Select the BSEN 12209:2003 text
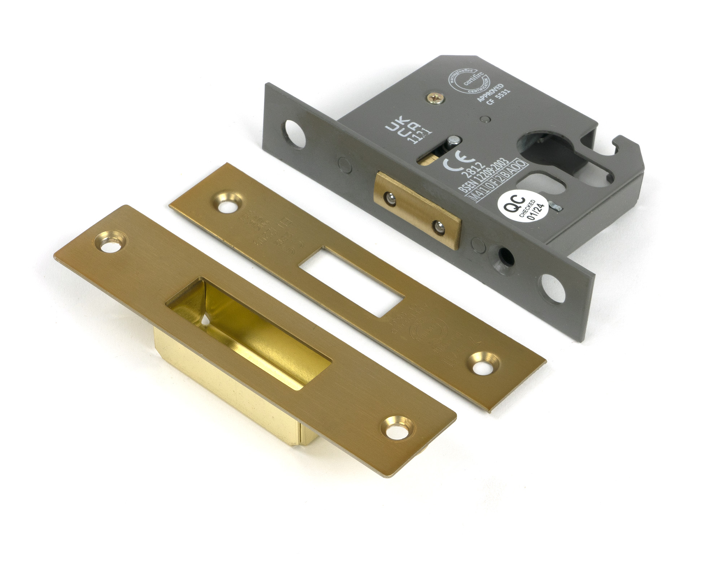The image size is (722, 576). tap(483, 176)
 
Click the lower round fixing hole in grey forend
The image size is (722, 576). tap(553, 288)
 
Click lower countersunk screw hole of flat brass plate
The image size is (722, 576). tap(485, 364)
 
